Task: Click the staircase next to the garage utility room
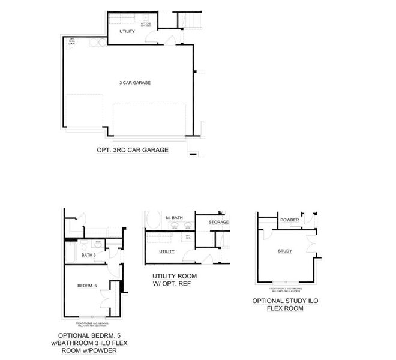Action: point(193,20)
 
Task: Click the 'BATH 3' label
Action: point(89,256)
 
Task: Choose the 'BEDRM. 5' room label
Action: point(87,286)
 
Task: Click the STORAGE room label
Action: point(218,223)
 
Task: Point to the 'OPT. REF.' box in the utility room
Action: point(188,236)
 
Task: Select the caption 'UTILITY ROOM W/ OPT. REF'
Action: point(174,280)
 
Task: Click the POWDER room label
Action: point(289,220)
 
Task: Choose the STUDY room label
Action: point(284,251)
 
